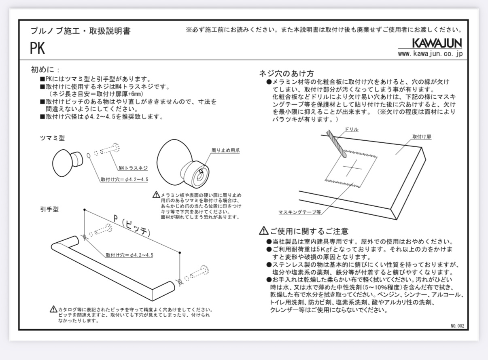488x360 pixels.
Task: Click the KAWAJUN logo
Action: [x=437, y=43]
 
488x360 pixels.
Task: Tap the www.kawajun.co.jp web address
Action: [x=430, y=54]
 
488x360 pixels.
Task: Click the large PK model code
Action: [x=37, y=49]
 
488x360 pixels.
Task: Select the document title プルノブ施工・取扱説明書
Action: [x=81, y=31]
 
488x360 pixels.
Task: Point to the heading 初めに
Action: [x=45, y=70]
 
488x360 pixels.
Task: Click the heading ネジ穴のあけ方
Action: [x=286, y=74]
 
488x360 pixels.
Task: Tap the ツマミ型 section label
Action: [x=52, y=138]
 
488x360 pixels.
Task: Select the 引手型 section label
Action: [x=49, y=210]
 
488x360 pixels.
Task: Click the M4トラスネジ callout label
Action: [x=133, y=168]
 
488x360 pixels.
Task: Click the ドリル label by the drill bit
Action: [x=351, y=129]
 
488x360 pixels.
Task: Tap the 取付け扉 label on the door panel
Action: [x=422, y=137]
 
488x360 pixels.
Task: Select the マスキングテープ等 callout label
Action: [x=299, y=212]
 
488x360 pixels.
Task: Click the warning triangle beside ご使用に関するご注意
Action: [x=263, y=231]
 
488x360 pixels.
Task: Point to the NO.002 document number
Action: [x=457, y=326]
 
